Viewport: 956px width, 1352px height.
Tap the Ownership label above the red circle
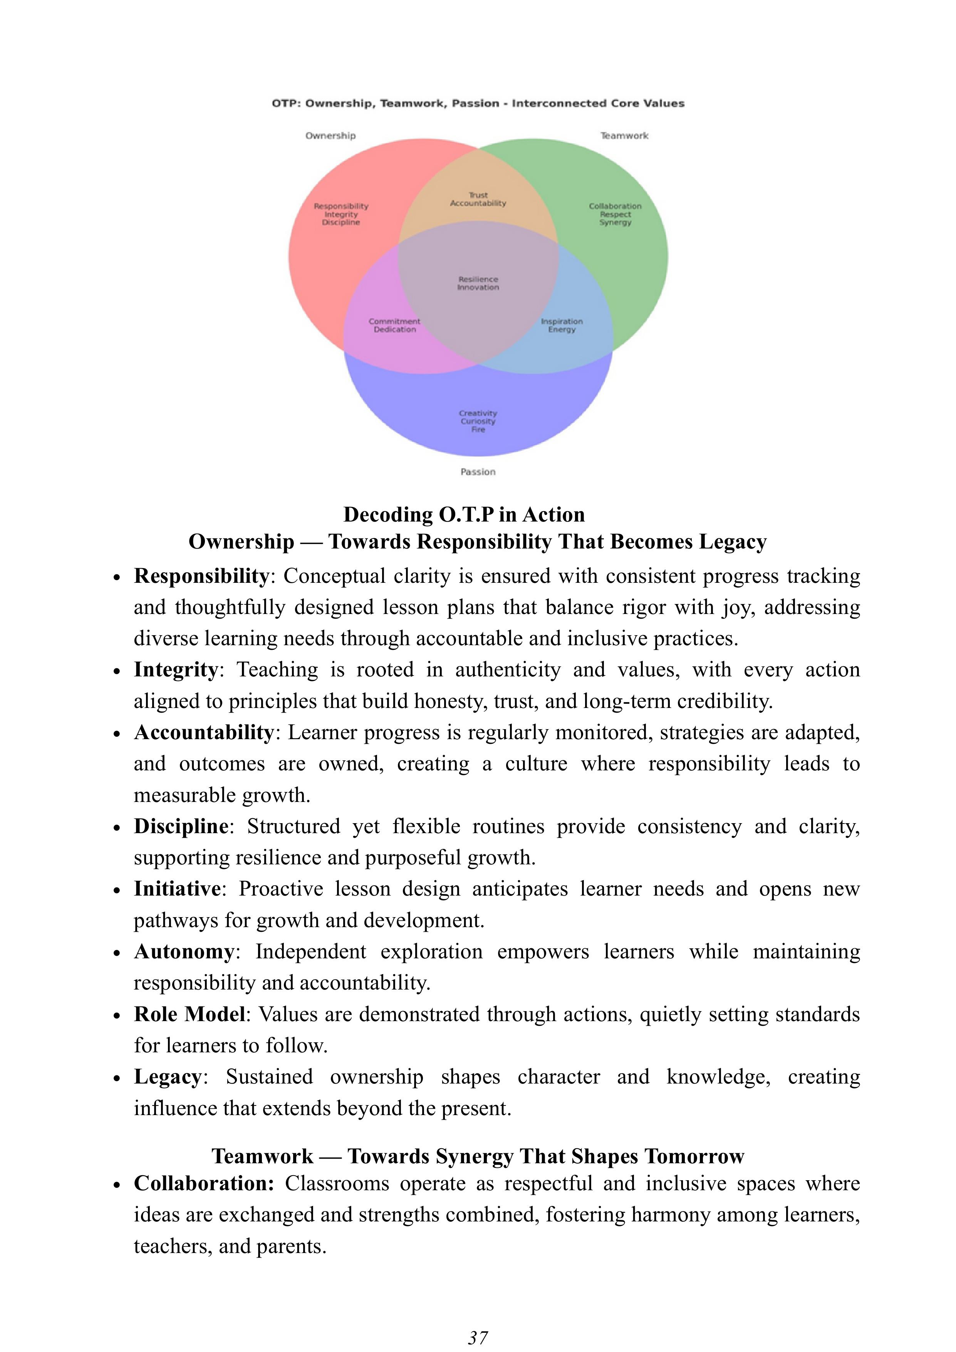click(x=330, y=136)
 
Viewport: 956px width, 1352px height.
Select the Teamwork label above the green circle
click(x=624, y=136)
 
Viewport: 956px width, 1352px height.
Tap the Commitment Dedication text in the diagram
click(x=394, y=325)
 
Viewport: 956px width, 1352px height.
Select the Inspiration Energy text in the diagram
click(x=562, y=325)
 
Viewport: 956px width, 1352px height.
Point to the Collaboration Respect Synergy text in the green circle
click(x=615, y=214)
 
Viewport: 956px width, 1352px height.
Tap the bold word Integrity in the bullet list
click(x=175, y=669)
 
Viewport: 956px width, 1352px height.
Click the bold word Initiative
click(x=177, y=889)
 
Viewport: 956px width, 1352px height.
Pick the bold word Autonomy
click(x=184, y=951)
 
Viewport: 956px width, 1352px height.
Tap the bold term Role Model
click(x=189, y=1014)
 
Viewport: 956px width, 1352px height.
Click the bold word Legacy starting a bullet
click(x=168, y=1077)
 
